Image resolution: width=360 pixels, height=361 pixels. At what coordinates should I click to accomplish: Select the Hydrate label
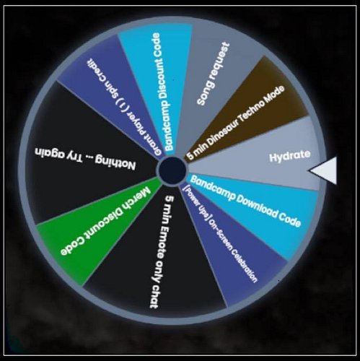click(290, 156)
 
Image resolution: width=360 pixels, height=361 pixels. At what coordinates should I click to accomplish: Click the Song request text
click(213, 74)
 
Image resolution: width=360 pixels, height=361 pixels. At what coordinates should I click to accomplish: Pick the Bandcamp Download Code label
click(245, 201)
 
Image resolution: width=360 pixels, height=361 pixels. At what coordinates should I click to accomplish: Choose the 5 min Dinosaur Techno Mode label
click(236, 122)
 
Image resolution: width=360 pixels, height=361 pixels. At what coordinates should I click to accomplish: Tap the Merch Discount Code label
click(106, 222)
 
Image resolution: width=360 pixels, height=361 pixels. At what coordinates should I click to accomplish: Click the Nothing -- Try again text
click(85, 157)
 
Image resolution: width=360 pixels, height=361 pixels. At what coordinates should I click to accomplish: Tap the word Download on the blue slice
click(255, 206)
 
